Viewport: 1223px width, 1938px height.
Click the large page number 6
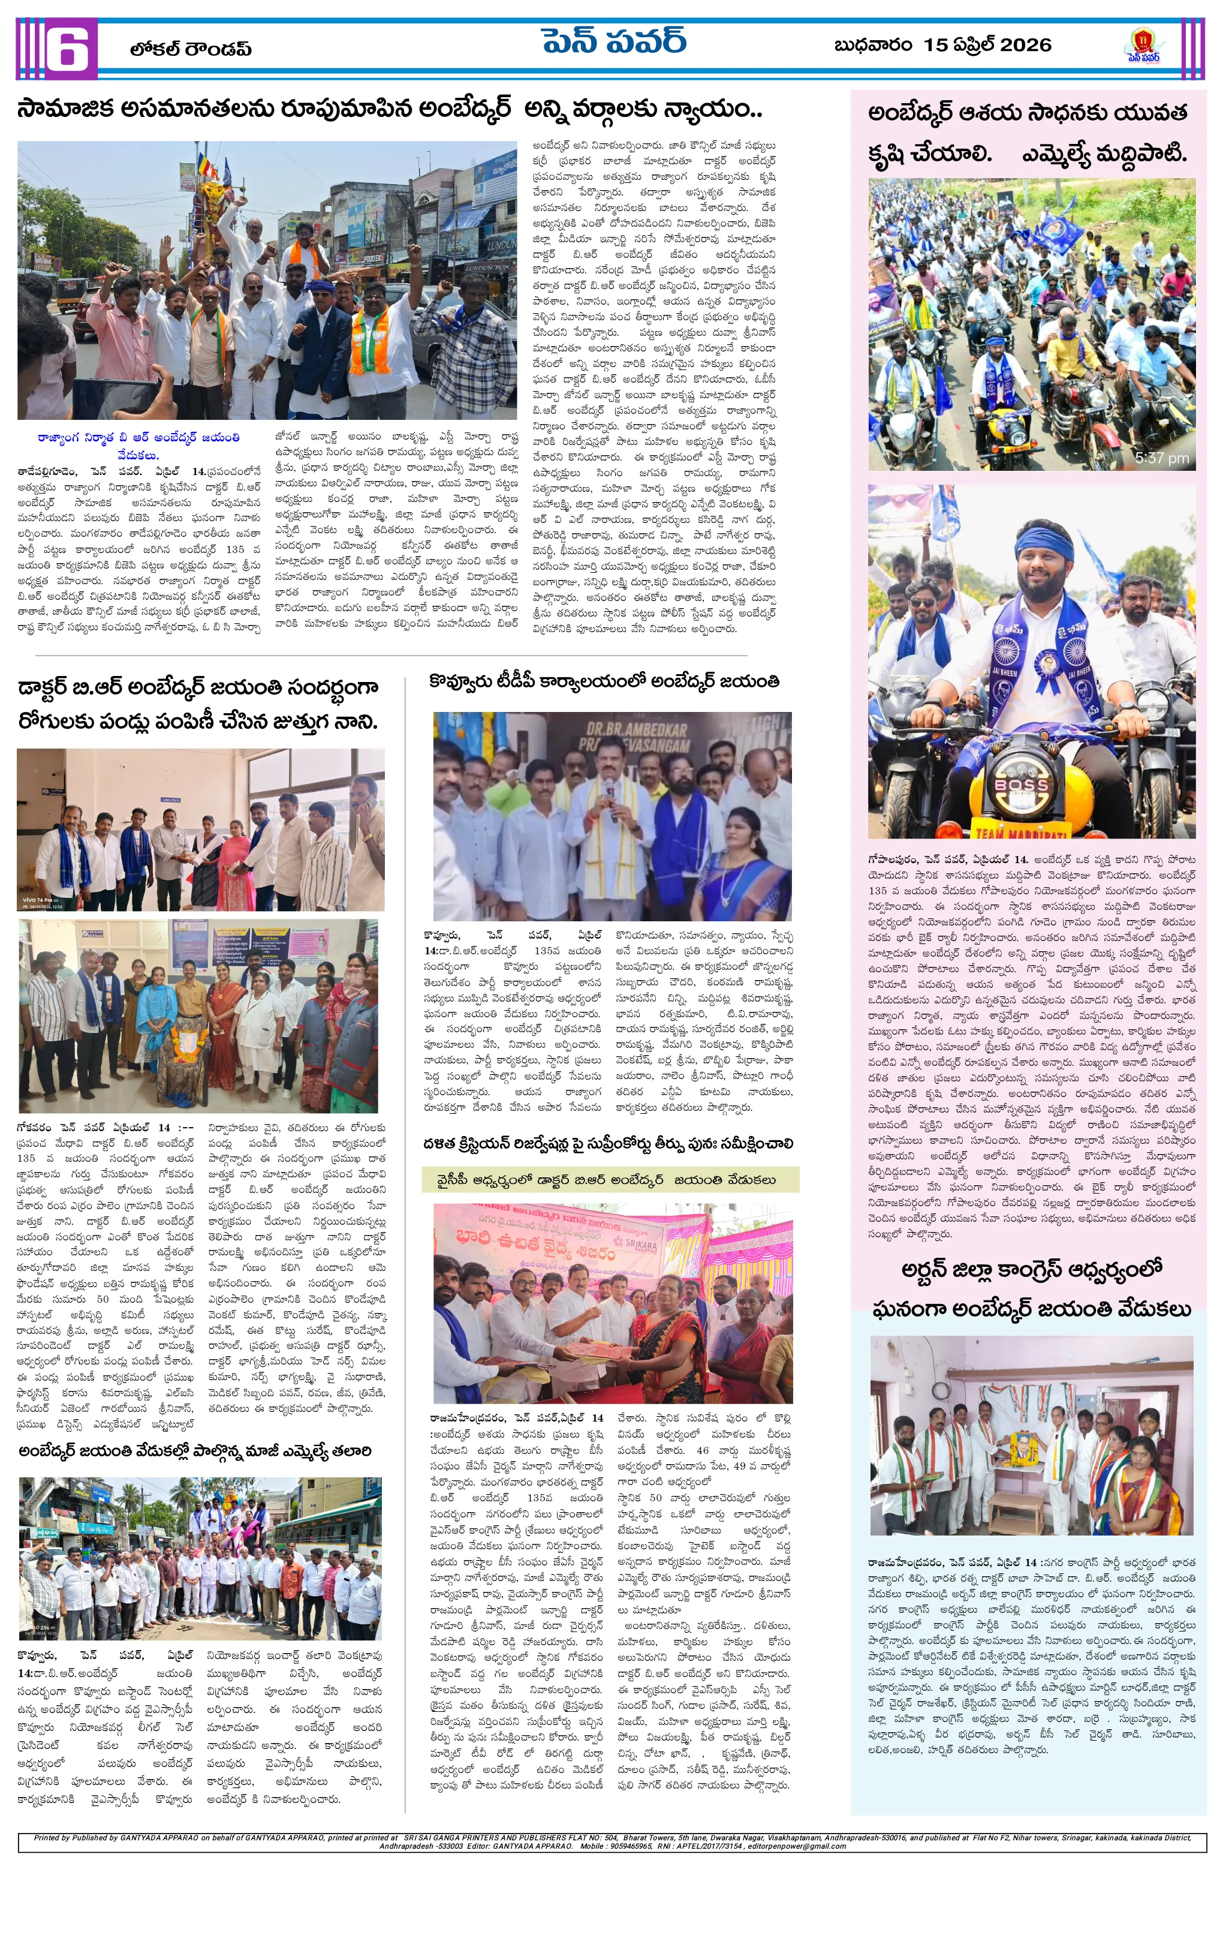[x=66, y=49]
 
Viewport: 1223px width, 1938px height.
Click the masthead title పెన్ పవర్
[x=613, y=41]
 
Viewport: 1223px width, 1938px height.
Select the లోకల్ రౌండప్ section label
[x=191, y=49]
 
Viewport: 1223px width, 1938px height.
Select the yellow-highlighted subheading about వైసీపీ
[x=610, y=1180]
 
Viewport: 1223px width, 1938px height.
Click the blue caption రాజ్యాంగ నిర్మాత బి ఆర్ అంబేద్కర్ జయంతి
[x=138, y=438]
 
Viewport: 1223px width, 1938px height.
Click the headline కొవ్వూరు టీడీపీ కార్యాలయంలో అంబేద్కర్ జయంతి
[x=604, y=681]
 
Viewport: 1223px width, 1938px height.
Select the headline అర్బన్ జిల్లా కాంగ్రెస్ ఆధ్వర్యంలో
[x=1032, y=1269]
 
